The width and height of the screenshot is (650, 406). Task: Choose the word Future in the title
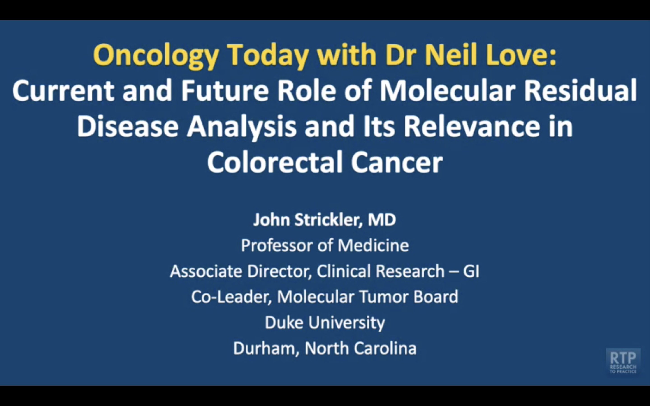(225, 90)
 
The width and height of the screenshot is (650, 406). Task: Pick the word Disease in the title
(128, 127)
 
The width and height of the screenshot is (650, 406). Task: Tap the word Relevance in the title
(472, 127)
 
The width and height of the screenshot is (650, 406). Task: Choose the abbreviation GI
(471, 271)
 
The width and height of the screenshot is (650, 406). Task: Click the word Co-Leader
(231, 297)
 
